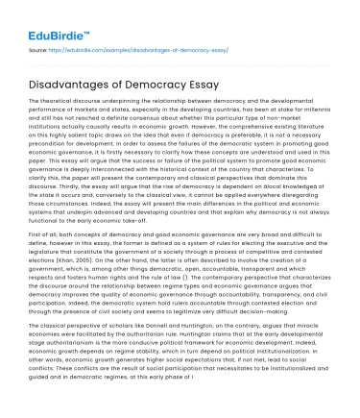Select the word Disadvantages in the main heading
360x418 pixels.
[67, 82]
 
